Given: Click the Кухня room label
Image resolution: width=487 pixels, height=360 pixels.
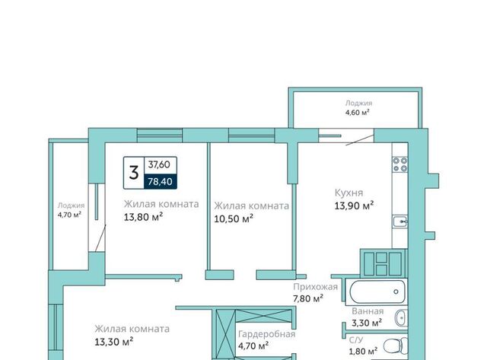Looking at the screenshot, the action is (349, 193).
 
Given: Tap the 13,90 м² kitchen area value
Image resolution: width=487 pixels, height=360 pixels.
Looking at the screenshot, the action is (354, 205).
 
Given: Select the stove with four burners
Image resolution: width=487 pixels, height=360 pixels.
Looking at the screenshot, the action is (399, 164).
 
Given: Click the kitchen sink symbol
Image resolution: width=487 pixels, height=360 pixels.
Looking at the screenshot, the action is (400, 221).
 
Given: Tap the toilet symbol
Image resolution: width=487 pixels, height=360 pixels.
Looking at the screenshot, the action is (396, 346).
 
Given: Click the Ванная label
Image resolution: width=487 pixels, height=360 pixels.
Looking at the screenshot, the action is (368, 311).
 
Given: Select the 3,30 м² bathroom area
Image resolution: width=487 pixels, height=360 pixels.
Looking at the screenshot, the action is (367, 323).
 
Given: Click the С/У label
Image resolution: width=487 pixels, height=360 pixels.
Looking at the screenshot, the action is (356, 340).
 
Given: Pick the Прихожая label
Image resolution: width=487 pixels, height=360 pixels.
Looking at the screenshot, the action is (315, 287).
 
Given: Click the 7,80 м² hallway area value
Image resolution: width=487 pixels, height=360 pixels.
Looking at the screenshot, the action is (308, 298).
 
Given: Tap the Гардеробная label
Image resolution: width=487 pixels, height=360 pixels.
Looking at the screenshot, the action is (267, 334).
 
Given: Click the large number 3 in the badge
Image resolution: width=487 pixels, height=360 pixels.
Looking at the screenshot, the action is (134, 173).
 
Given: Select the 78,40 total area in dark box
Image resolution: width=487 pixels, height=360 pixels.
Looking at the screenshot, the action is (160, 181).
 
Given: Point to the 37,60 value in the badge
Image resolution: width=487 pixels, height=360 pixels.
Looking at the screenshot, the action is (159, 164).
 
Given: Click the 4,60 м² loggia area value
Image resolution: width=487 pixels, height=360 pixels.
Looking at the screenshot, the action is (358, 113).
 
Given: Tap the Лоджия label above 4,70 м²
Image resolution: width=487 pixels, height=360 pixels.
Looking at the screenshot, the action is (71, 205).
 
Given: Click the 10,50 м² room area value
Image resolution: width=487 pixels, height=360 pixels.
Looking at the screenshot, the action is (234, 218).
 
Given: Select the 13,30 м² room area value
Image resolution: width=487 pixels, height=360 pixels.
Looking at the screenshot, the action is (114, 342).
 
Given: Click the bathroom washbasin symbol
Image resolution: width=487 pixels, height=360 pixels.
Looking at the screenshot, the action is (401, 318).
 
